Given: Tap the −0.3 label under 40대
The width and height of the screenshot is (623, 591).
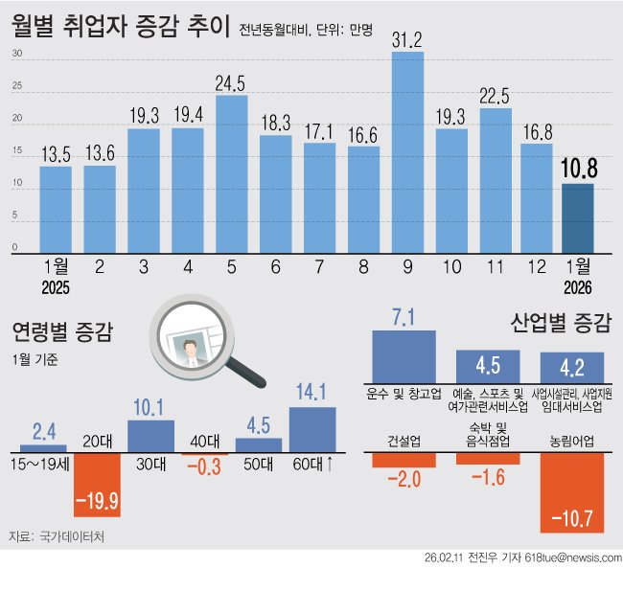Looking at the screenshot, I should point(204,466).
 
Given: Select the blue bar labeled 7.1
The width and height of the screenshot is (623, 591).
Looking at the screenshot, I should point(404,355).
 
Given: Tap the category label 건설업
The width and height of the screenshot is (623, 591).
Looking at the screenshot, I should point(404,442).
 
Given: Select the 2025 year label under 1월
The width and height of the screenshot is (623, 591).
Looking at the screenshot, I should point(57,286).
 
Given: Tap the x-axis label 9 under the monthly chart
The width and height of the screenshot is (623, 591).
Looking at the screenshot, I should point(407,267).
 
